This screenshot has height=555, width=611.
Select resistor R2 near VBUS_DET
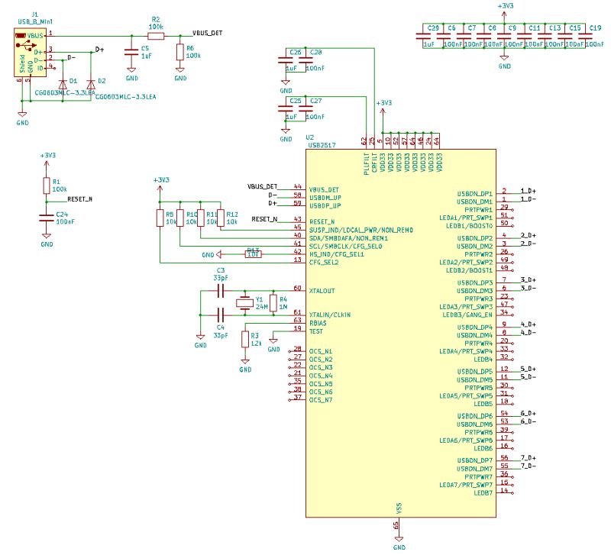click(x=156, y=34)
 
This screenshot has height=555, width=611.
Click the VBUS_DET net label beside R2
click(x=207, y=34)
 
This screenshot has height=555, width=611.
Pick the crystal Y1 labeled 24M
click(x=245, y=303)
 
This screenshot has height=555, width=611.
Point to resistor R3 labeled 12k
click(x=245, y=339)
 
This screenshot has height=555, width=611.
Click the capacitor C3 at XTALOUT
click(x=220, y=291)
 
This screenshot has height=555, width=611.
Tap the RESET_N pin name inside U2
click(x=322, y=221)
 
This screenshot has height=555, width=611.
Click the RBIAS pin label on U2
click(x=318, y=322)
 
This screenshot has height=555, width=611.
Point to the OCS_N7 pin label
click(x=321, y=400)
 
